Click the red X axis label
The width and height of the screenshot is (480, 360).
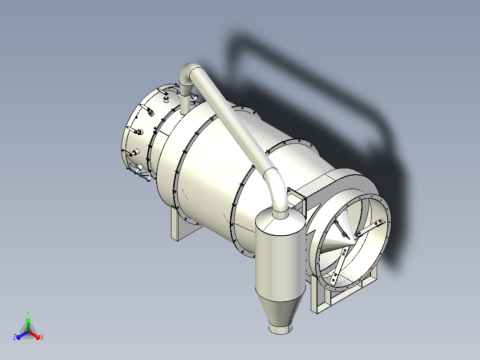42,337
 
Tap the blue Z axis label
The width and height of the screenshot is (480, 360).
14,337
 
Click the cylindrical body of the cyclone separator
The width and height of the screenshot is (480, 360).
280,261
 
